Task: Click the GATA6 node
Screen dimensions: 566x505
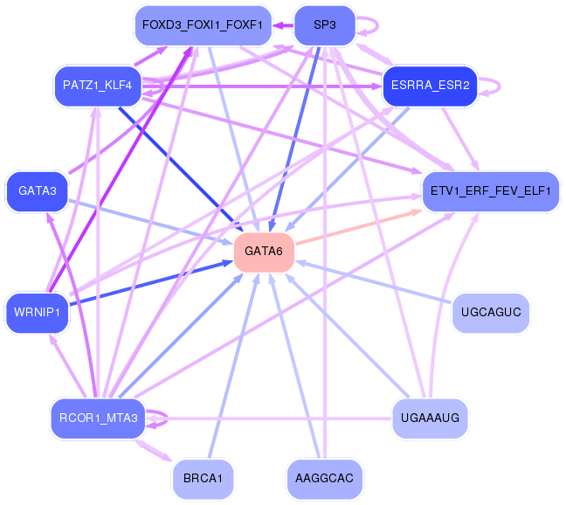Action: tap(264, 252)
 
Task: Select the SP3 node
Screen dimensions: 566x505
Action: tap(325, 25)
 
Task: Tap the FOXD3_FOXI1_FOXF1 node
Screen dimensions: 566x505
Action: tap(203, 25)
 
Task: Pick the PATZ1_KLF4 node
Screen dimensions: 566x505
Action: tap(98, 86)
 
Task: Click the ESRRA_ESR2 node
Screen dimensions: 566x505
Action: tap(431, 86)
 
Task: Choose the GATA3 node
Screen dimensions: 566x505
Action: tap(38, 191)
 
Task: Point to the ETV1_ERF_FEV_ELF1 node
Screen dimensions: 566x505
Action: tap(491, 191)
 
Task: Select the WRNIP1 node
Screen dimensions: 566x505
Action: tap(37, 313)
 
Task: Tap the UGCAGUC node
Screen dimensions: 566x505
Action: tap(491, 313)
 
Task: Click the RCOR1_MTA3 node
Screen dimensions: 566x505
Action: tap(98, 419)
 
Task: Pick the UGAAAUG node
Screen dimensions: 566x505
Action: tap(431, 419)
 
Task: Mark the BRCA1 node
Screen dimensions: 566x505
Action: tap(203, 479)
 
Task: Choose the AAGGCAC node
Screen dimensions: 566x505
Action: tap(325, 479)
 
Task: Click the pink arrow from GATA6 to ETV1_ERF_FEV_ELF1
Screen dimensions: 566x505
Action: tap(359, 227)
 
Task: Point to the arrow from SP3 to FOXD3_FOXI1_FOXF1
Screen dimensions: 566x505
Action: tap(283, 25)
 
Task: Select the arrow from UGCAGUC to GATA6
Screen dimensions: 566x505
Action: tap(373, 281)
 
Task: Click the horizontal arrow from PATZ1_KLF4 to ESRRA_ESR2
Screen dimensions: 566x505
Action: tap(262, 86)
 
